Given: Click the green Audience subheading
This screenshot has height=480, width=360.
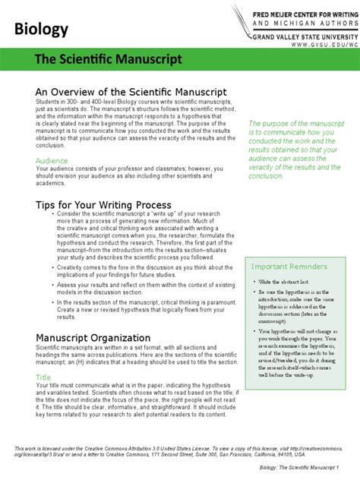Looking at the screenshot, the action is [53, 161].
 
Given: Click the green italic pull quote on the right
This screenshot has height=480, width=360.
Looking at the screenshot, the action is [298, 149].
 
